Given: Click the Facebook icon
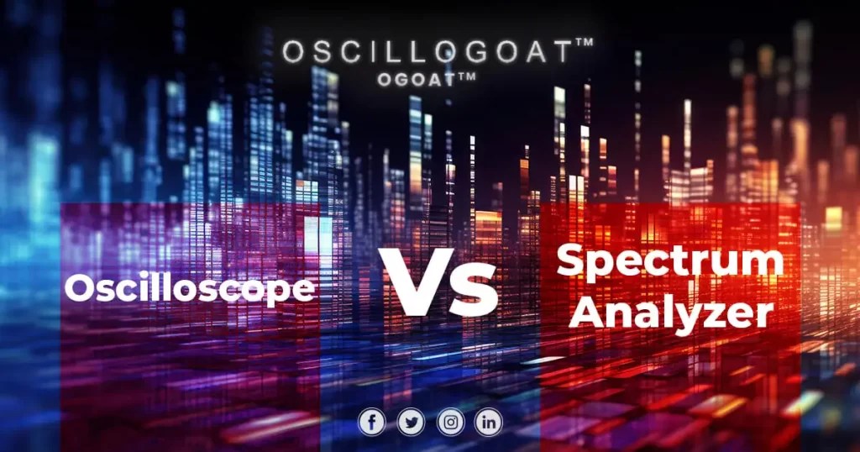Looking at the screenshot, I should pyautogui.click(x=371, y=422).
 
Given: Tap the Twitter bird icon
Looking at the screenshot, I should pyautogui.click(x=411, y=422).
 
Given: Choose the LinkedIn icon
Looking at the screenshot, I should pyautogui.click(x=489, y=422).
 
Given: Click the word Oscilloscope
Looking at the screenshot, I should pyautogui.click(x=191, y=289).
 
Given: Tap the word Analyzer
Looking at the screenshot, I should pyautogui.click(x=675, y=313).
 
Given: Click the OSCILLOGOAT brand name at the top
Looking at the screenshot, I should pyautogui.click(x=427, y=52).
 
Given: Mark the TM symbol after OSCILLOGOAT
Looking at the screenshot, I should pyautogui.click(x=584, y=44).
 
